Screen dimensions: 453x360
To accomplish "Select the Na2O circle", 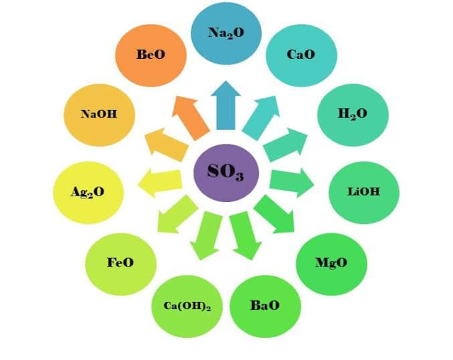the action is point(226,33).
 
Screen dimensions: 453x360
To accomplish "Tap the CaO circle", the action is point(301,55).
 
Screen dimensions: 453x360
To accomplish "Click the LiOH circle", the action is point(364,192).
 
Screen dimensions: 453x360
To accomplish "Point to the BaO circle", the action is point(265,306).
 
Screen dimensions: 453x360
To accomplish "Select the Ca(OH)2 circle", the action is point(187,306).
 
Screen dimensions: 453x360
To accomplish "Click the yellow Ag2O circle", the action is point(88,192).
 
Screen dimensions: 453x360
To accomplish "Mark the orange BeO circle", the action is point(151,55).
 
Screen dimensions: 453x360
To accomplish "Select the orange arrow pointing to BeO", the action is point(190,115).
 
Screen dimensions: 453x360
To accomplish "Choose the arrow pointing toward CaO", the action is point(261,115).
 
